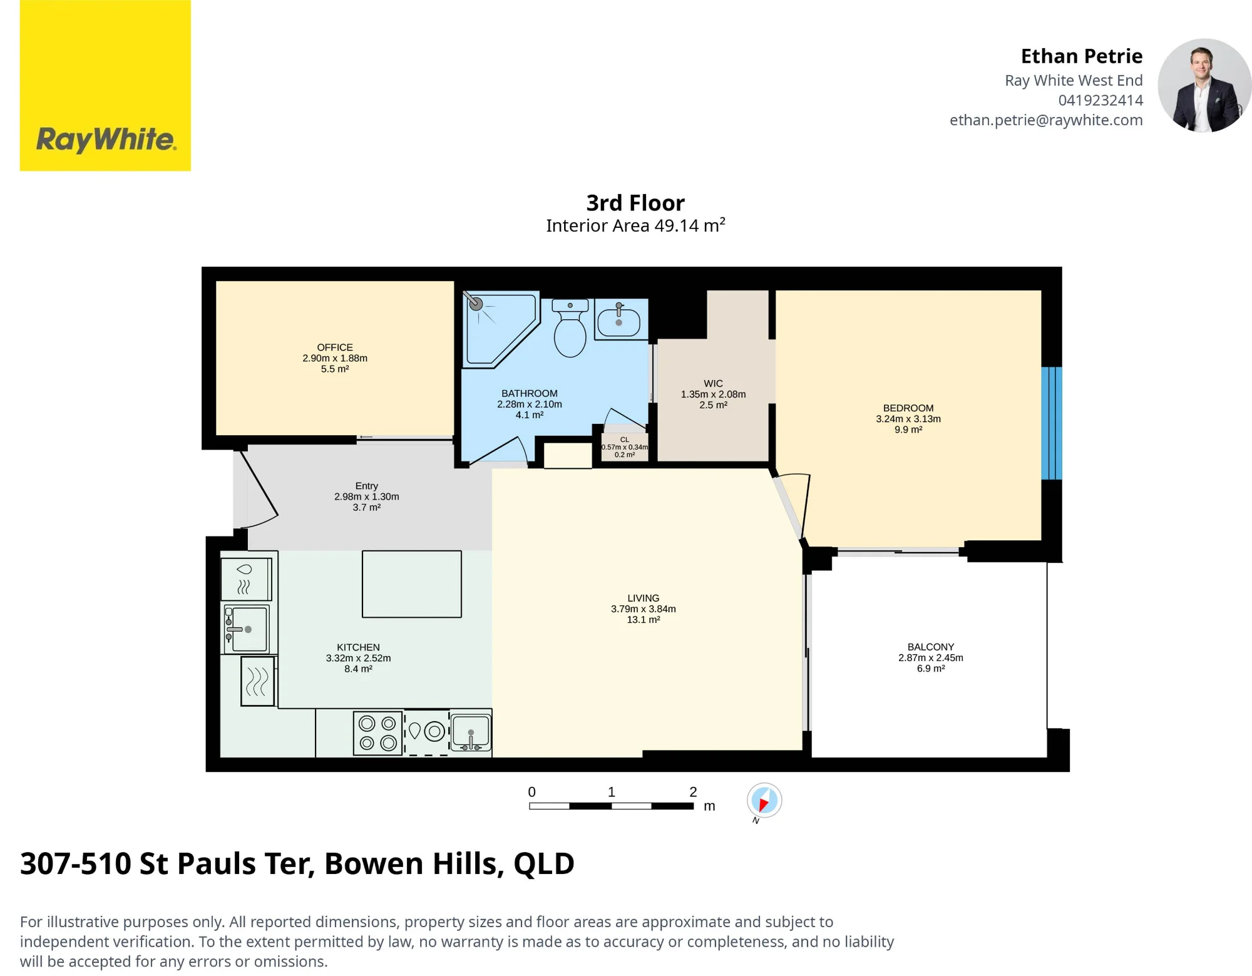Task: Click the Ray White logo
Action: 105,85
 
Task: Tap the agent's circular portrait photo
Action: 1204,86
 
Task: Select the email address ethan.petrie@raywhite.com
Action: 1046,120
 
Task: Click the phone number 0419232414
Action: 1101,100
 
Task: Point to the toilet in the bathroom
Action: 570,327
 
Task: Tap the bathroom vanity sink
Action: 619,319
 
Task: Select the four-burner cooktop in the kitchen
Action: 378,733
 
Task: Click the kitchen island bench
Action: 412,584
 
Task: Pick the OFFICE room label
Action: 335,347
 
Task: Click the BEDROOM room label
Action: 908,408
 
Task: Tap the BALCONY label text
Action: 931,647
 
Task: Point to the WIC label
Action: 714,383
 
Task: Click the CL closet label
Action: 625,439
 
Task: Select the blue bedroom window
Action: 1052,423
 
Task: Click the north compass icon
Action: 764,801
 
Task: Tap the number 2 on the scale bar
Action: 693,792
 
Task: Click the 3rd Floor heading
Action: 635,203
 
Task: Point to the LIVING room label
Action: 644,598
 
